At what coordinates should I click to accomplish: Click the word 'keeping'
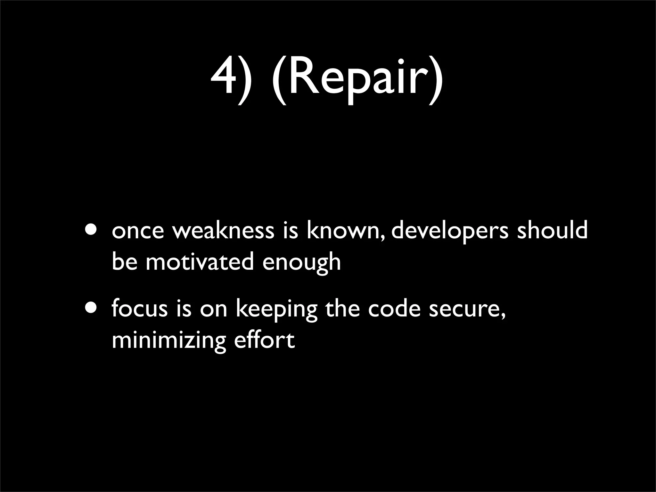tap(276, 310)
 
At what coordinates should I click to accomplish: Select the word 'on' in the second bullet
tap(213, 310)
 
